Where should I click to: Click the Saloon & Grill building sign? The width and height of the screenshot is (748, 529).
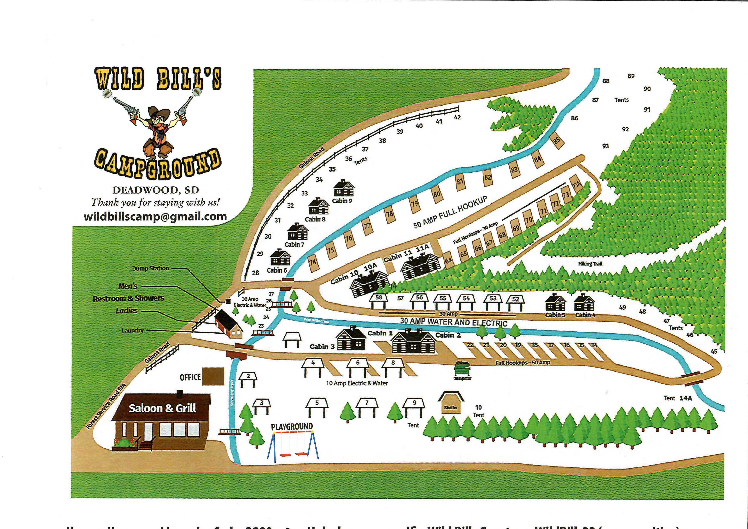[x=162, y=408]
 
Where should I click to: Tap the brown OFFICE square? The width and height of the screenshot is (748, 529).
[x=213, y=377]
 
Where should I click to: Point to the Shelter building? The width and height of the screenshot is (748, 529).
[x=451, y=403]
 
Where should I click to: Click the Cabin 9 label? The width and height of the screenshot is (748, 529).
[x=342, y=201]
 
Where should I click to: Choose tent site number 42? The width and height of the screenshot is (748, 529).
[x=457, y=117]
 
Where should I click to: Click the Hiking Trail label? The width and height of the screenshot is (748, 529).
[x=590, y=264]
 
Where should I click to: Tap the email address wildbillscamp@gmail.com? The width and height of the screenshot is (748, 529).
[x=155, y=217]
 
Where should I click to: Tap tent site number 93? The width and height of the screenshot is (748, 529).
[x=605, y=146]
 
